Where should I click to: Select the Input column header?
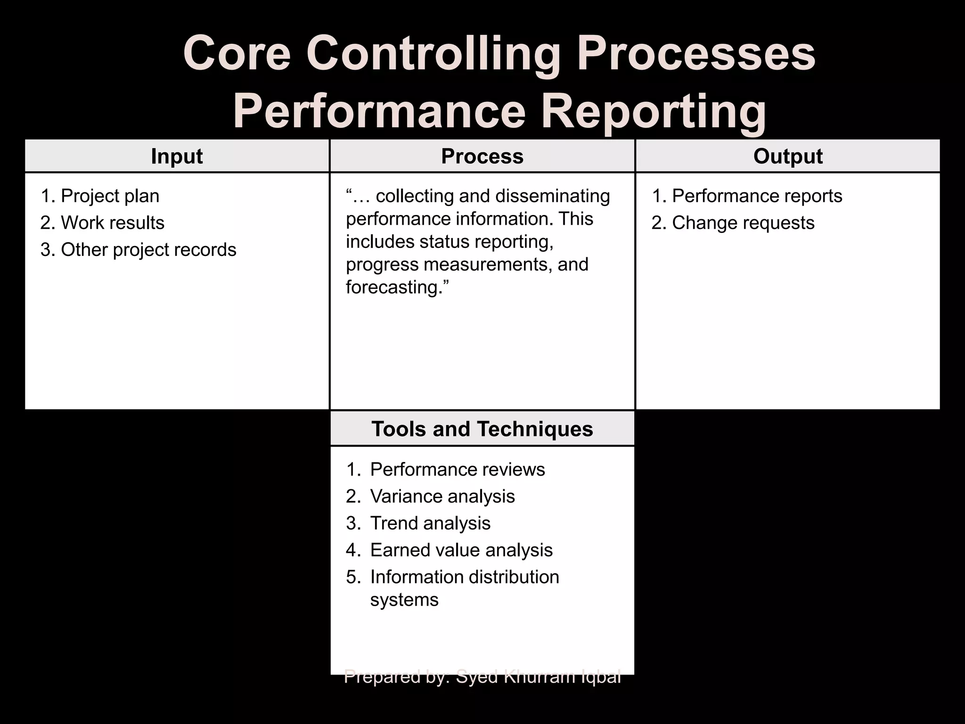click(177, 156)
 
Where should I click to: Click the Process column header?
click(482, 156)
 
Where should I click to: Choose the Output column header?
click(788, 156)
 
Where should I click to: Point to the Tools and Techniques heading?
click(482, 429)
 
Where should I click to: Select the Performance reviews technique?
click(457, 469)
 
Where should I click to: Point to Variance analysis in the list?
click(442, 496)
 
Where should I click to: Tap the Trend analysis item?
click(430, 523)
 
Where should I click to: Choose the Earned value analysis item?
click(461, 550)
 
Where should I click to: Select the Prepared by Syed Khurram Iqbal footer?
click(482, 677)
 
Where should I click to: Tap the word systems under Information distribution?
click(404, 600)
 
